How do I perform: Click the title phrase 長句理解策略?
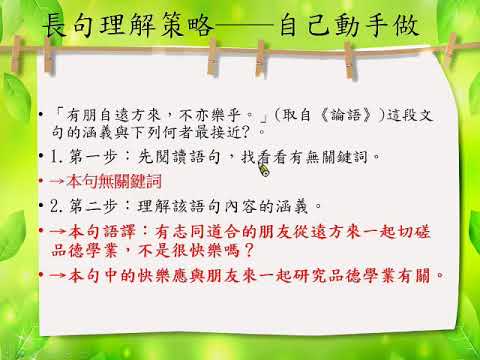127,25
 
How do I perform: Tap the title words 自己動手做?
349,25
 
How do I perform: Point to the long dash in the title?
246,25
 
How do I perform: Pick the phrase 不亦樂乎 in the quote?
210,115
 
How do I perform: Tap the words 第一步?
94,157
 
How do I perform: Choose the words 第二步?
94,206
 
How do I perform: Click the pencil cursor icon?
264,169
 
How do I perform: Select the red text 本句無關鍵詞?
114,182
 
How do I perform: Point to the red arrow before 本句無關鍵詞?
57,182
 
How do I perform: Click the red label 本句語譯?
102,232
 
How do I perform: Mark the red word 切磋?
414,232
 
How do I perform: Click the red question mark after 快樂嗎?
249,250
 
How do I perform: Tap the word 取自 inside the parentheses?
296,115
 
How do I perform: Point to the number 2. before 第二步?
56,206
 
